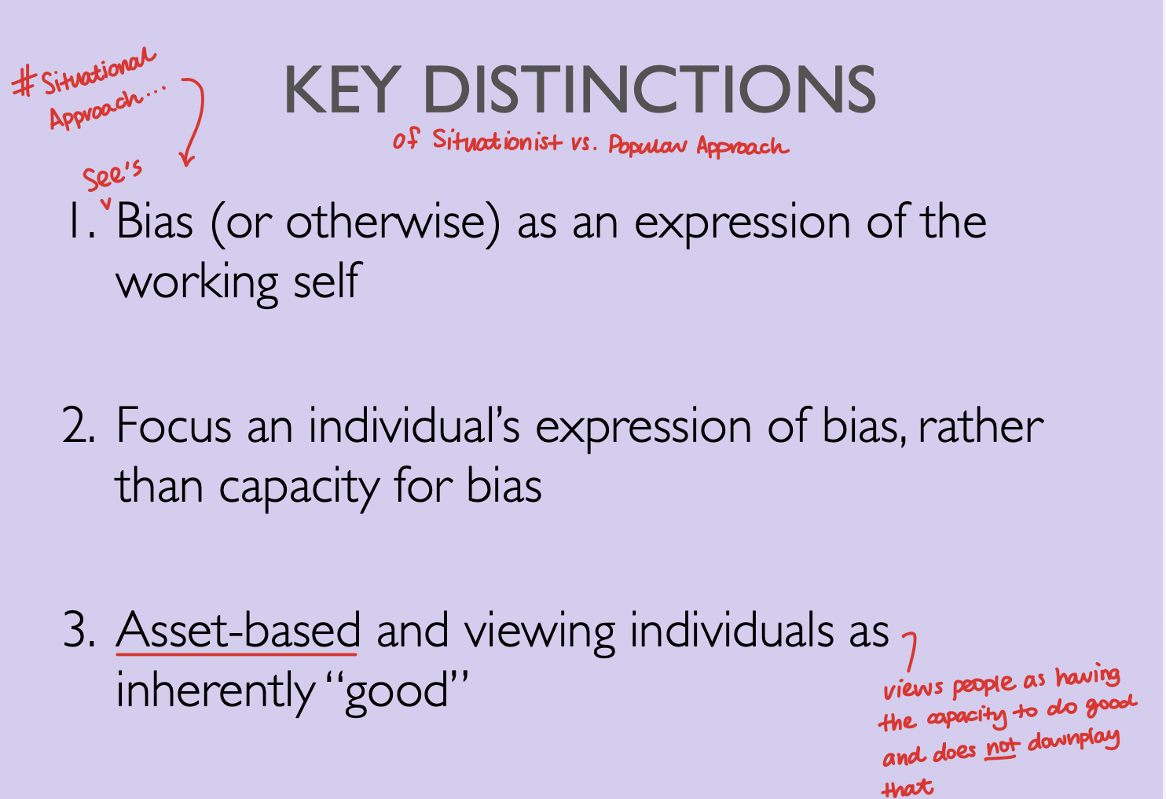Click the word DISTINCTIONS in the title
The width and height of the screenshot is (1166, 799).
coord(649,90)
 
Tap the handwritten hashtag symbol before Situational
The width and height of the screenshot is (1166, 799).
coord(25,82)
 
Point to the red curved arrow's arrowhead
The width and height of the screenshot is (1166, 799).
coord(186,160)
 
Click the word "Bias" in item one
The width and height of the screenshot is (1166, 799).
coord(155,222)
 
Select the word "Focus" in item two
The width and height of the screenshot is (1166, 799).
coord(174,426)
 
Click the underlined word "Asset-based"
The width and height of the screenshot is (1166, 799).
coord(238,631)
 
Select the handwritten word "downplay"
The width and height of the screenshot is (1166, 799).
coord(1073,741)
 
